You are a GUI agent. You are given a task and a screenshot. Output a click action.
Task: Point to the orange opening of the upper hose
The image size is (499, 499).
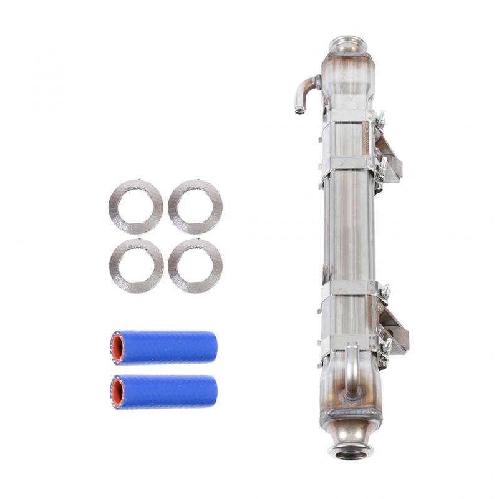click(117, 347)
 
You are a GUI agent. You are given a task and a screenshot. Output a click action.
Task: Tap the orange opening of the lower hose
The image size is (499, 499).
click(117, 392)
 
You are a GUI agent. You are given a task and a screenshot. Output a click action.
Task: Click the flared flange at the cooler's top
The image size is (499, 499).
click(346, 45)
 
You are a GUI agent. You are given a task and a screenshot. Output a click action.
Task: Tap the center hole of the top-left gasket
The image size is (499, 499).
click(135, 206)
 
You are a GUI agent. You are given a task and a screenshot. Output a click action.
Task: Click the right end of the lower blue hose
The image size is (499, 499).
click(213, 391)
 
